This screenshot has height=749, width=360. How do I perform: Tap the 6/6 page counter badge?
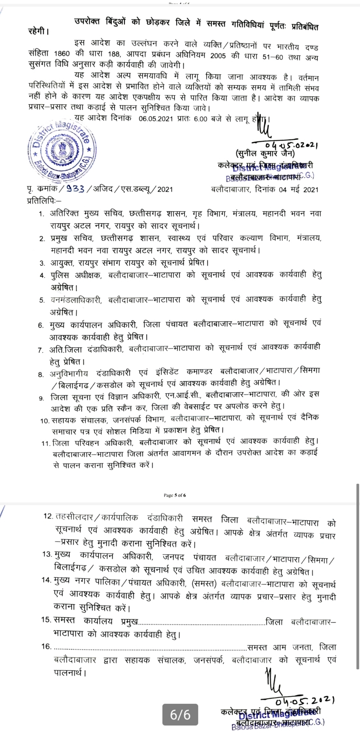180,715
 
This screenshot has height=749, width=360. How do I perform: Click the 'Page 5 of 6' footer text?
175,495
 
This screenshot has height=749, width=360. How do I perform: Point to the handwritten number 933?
75,189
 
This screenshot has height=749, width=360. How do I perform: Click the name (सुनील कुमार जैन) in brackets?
265,154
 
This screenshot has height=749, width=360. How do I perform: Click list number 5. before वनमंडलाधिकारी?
42,300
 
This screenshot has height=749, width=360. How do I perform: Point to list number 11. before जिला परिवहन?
46,443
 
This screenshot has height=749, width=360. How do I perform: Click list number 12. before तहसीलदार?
48,516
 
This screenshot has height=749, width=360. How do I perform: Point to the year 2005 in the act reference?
218,56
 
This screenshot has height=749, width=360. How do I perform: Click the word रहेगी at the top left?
38,32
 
